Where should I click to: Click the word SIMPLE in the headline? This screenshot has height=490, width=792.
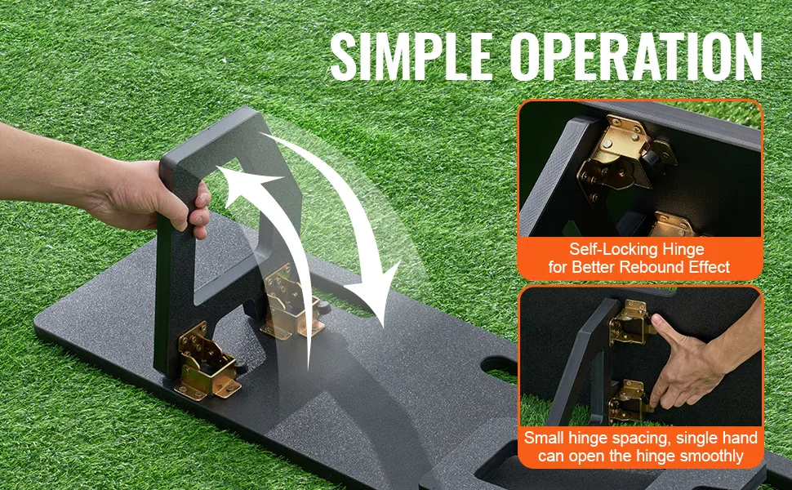point(412,56)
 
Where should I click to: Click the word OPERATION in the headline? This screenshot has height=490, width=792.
point(636,56)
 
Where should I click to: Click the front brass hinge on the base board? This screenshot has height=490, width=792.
point(207,362)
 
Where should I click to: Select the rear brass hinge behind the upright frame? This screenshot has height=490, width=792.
point(292,301)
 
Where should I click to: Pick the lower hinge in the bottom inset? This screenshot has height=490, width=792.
point(630,402)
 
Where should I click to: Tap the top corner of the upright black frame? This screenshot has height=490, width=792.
point(247,108)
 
